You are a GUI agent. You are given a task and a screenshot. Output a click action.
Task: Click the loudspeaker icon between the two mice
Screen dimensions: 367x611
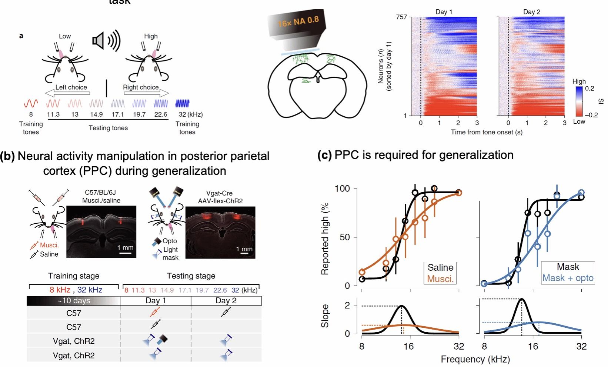pyautogui.click(x=106, y=41)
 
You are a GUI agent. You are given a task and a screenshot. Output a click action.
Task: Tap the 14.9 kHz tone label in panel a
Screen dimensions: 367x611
pyautogui.click(x=96, y=114)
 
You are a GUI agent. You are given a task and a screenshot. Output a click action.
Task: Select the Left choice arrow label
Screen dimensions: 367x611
pyautogui.click(x=71, y=87)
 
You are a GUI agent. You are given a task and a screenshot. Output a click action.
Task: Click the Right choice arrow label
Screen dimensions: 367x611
pyautogui.click(x=141, y=87)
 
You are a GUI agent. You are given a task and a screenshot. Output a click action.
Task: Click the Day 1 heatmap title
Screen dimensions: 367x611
pyautogui.click(x=444, y=12)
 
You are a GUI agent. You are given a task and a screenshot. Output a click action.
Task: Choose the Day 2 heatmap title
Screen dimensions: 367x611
pyautogui.click(x=531, y=12)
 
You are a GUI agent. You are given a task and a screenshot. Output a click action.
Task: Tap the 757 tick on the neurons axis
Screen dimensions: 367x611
pyautogui.click(x=401, y=17)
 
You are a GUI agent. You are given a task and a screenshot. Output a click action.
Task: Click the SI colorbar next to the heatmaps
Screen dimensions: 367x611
pyautogui.click(x=579, y=101)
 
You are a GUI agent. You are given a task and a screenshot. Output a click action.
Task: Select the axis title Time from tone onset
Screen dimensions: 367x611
pyautogui.click(x=486, y=132)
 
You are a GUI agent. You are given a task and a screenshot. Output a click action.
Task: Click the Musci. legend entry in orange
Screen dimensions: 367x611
pyautogui.click(x=440, y=279)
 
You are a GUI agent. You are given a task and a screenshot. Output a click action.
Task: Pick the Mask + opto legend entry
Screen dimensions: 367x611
pyautogui.click(x=568, y=278)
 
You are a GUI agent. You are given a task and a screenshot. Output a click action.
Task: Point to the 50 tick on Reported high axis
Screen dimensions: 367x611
pyautogui.click(x=344, y=237)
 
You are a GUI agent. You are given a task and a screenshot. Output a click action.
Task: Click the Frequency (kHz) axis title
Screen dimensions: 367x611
pyautogui.click(x=475, y=359)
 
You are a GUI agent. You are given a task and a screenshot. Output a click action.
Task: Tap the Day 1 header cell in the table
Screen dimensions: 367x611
pyautogui.click(x=156, y=300)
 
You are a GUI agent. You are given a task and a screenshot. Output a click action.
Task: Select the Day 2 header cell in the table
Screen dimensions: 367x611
pyautogui.click(x=226, y=300)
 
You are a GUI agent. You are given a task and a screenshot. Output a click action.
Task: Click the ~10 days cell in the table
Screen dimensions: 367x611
pyautogui.click(x=74, y=300)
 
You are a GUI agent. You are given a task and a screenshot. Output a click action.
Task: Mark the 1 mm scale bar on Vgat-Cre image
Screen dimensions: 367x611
pyautogui.click(x=244, y=254)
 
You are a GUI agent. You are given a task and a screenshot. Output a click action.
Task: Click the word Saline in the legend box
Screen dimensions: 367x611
pyautogui.click(x=440, y=267)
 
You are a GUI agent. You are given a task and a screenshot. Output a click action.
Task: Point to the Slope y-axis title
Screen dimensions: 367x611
pyautogui.click(x=325, y=316)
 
